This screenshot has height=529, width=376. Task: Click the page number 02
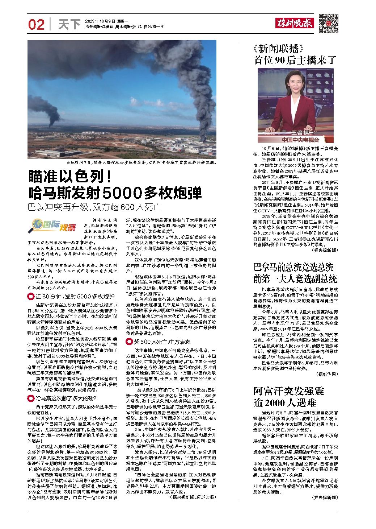click(x=36, y=25)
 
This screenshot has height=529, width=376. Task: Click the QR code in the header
click(x=328, y=23)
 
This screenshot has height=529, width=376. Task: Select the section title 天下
click(x=69, y=25)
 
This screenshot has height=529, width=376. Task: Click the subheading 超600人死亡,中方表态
click(x=160, y=342)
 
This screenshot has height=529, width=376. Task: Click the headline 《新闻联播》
click(x=278, y=48)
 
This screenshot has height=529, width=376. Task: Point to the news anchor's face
click(x=298, y=86)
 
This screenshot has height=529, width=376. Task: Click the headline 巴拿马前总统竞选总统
click(x=293, y=268)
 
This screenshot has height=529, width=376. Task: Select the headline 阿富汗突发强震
click(x=283, y=391)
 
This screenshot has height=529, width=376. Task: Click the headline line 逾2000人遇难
click(x=284, y=402)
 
